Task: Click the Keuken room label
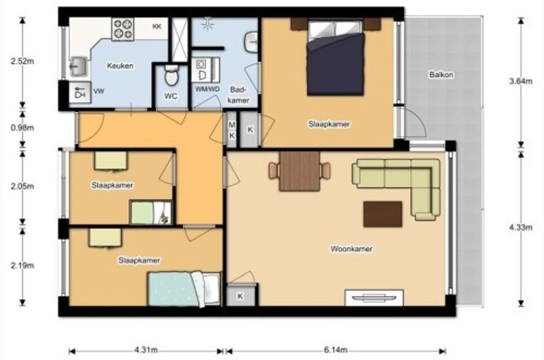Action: click(120, 66)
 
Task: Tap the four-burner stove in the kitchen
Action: click(123, 28)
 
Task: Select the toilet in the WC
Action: click(171, 75)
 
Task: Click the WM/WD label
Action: click(207, 89)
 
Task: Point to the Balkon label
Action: click(442, 75)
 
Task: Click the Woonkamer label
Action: click(352, 249)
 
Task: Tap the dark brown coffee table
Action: click(383, 214)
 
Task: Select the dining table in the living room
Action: click(300, 171)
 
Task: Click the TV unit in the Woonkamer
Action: click(374, 298)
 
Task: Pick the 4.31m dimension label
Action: click(146, 350)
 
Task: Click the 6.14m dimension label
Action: click(336, 350)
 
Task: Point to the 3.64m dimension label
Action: click(520, 81)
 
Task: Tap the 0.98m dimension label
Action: click(22, 128)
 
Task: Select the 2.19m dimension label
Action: click(22, 266)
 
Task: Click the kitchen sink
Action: click(78, 66)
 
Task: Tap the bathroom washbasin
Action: click(252, 43)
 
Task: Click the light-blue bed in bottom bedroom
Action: click(184, 289)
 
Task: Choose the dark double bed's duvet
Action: click(336, 63)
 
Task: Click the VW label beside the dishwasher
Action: click(98, 92)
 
